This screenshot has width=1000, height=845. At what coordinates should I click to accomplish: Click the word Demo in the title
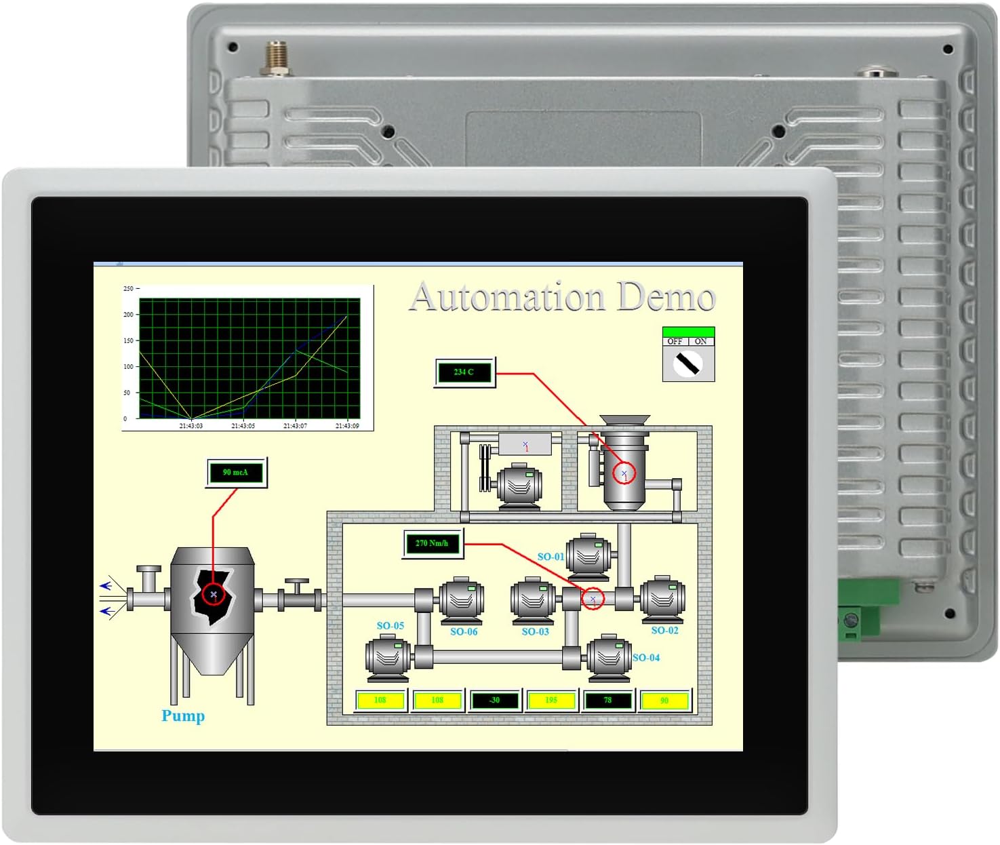tap(666, 297)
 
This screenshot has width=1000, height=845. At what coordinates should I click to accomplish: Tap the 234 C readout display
tap(464, 372)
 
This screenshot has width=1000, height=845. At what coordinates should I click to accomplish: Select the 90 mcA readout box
tap(236, 473)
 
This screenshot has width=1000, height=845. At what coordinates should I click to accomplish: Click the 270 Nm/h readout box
tap(432, 543)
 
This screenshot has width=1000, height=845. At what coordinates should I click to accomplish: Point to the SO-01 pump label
tap(551, 557)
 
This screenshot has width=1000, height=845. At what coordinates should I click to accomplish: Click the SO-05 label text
tap(391, 626)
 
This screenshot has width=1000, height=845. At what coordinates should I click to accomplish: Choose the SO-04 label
tap(646, 658)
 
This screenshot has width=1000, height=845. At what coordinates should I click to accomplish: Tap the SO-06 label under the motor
tap(464, 632)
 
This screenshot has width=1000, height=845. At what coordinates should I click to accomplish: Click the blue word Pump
tap(183, 716)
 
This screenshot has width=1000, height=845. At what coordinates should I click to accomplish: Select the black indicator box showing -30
tap(494, 701)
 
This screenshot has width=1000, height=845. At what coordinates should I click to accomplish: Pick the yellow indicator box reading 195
tap(551, 701)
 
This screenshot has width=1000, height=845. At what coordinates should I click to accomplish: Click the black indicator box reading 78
tap(607, 701)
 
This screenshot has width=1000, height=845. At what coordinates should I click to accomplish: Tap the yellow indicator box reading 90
tap(664, 701)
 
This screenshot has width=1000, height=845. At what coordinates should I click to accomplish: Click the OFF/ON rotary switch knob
tap(688, 364)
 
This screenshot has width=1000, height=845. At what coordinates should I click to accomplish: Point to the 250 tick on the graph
tap(128, 289)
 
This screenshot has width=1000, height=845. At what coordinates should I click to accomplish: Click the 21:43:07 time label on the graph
tap(295, 426)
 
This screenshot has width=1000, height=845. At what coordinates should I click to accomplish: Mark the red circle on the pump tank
tap(214, 595)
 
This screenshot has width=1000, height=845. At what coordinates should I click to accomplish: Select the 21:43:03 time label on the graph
tap(191, 426)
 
